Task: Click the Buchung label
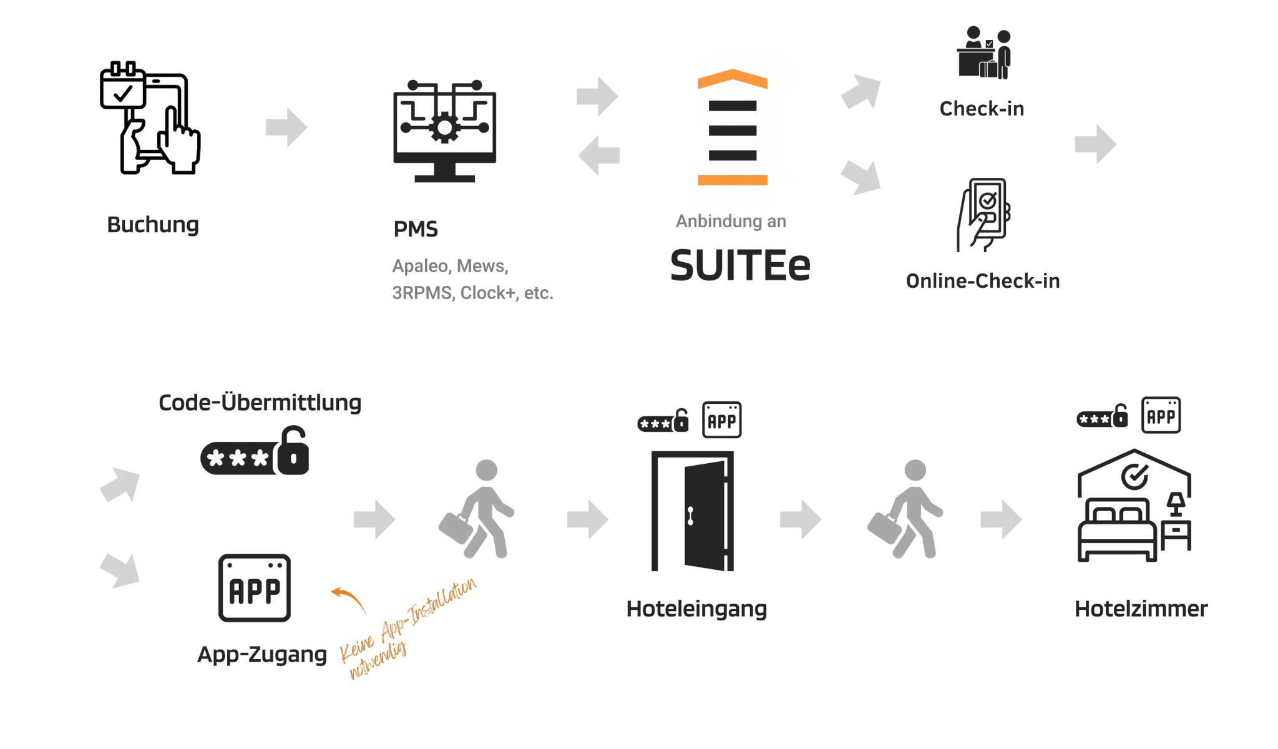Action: [153, 225]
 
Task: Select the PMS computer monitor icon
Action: [444, 131]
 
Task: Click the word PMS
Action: [416, 230]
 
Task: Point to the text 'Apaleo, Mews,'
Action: [450, 266]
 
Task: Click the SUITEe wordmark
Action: [740, 266]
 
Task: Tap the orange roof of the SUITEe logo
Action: [733, 78]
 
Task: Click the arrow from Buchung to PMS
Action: [286, 127]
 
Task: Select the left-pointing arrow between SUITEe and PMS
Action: [598, 155]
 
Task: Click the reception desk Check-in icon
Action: [984, 53]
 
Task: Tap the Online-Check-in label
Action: [983, 281]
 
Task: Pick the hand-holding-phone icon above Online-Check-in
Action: [984, 214]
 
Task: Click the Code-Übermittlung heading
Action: [260, 403]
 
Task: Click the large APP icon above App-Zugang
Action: [255, 588]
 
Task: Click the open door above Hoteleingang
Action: [693, 511]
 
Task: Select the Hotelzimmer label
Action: [1141, 609]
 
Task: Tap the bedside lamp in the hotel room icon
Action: [1176, 503]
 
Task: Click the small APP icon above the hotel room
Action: [1161, 415]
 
